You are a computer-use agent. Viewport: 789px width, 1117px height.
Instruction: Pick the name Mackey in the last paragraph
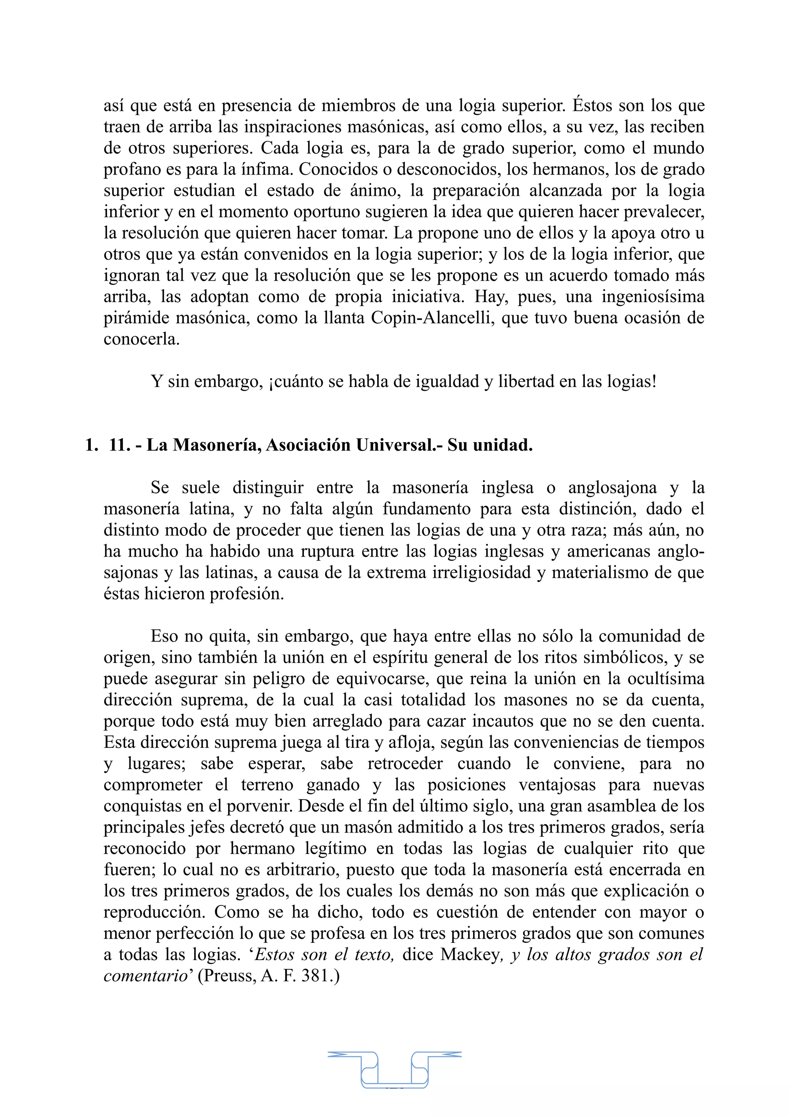[470, 954]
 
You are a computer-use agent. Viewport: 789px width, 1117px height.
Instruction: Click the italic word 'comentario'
[145, 976]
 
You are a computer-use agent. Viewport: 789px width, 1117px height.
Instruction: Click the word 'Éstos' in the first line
[592, 105]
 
